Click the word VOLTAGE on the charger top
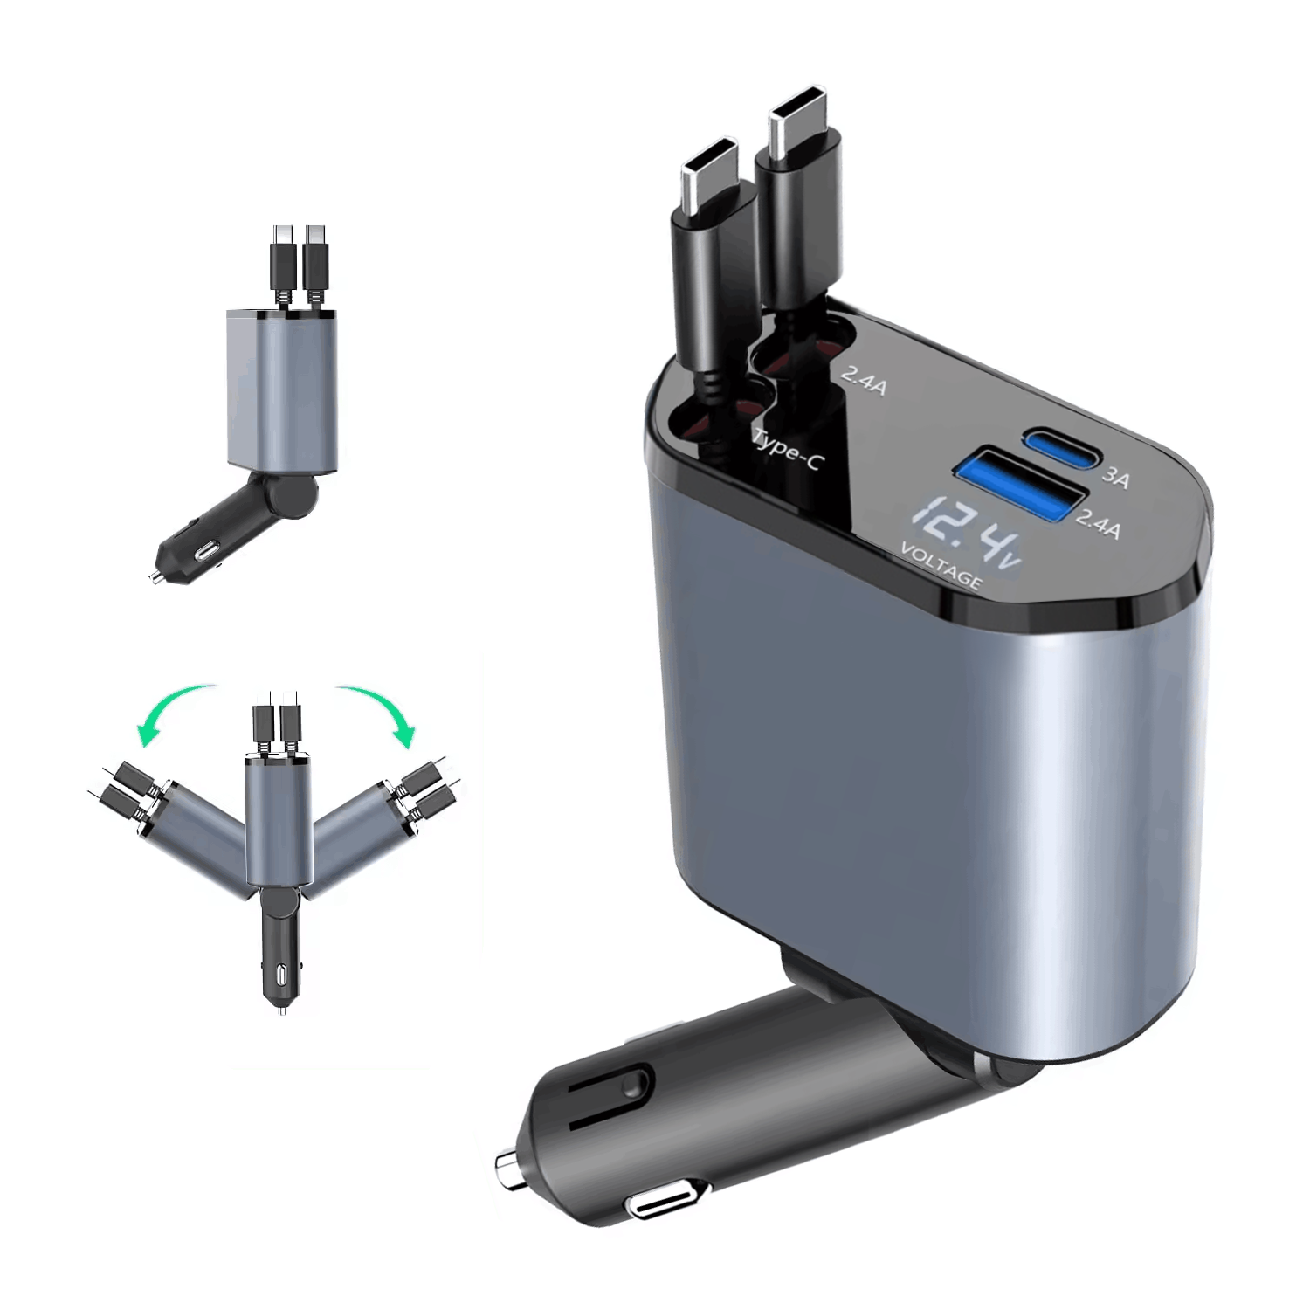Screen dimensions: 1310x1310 (941, 566)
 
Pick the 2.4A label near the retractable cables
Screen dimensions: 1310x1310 (864, 381)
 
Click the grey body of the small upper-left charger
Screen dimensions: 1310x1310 (281, 389)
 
